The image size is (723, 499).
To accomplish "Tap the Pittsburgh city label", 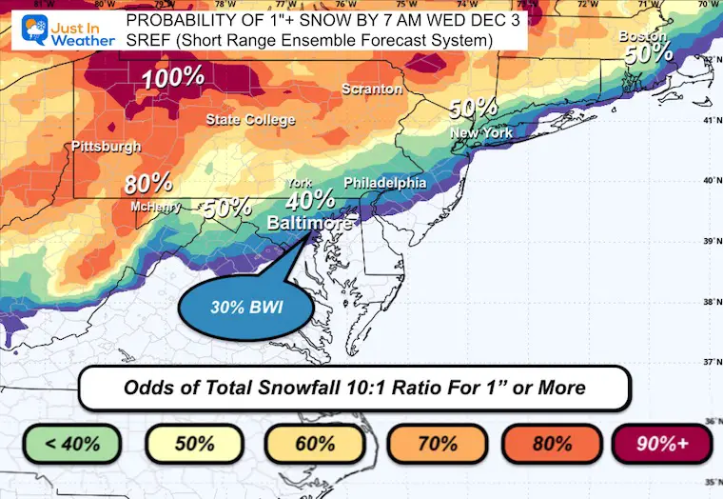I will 107,147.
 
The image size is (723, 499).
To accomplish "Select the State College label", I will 251,120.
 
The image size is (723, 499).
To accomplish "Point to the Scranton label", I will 372,89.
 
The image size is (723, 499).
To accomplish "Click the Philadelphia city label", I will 385,182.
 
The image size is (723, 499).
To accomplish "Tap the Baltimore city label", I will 309,222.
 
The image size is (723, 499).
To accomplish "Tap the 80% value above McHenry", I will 147,184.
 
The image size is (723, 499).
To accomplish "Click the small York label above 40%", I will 300,182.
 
